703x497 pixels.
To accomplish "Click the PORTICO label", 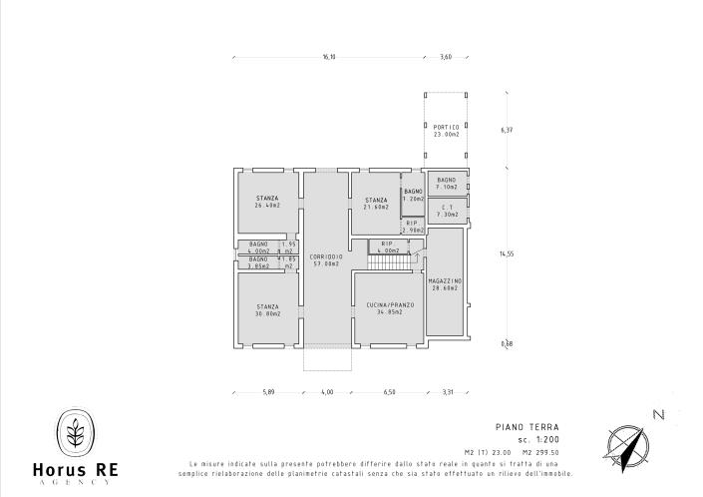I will click(446, 127).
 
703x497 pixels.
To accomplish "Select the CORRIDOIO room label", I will click(326, 255).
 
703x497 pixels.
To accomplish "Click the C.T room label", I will click(448, 207).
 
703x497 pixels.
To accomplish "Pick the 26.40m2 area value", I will click(267, 206).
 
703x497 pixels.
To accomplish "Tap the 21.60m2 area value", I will click(376, 207).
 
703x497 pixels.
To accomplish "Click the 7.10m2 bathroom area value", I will click(447, 187).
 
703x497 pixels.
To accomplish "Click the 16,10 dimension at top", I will click(329, 57).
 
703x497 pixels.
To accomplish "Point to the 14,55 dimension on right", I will click(507, 253).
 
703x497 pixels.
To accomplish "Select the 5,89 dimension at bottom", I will click(268, 392).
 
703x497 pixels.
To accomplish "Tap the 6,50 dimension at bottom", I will click(390, 392).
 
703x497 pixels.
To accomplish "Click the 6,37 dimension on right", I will click(507, 130).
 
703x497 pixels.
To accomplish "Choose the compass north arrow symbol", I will click(626, 445).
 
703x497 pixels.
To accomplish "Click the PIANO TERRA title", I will click(519, 426).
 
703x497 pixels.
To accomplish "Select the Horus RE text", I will click(75, 469).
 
